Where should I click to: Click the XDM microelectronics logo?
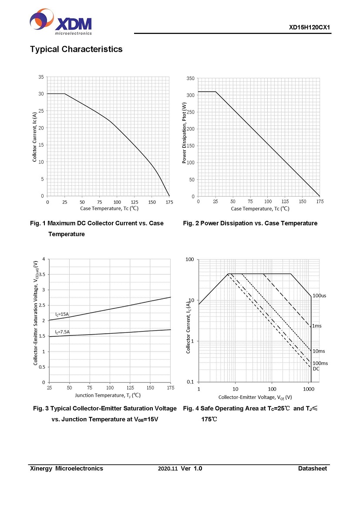[x=61, y=22]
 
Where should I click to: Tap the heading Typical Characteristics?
[x=76, y=49]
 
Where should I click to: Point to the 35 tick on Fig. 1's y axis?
[x=41, y=77]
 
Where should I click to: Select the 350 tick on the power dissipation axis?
[x=190, y=78]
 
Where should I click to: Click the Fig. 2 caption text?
[x=250, y=223]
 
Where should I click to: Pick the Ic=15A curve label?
[x=62, y=314]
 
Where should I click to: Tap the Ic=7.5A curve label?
[x=62, y=332]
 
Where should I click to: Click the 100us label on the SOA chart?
[x=320, y=296]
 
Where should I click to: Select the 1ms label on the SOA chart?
[x=317, y=325]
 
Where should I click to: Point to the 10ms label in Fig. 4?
[x=319, y=351]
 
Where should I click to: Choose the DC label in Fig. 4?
[x=316, y=369]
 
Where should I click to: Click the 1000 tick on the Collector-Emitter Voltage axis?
[x=309, y=388]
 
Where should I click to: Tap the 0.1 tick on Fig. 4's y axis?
[x=190, y=382]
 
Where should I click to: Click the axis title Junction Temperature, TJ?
[x=108, y=395]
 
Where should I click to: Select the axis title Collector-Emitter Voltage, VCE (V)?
[x=255, y=397]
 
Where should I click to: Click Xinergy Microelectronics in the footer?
[x=67, y=469]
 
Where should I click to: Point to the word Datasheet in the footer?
[x=312, y=469]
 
